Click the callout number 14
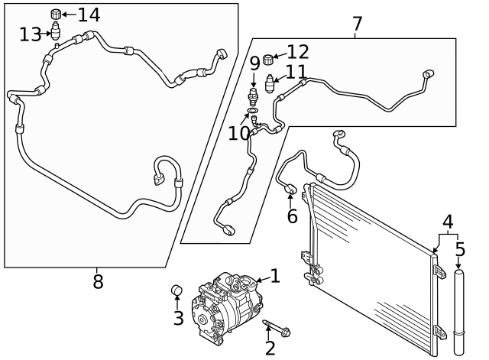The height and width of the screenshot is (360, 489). (89, 14)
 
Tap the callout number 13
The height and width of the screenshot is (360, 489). (31, 34)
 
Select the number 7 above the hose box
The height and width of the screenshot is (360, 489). (357, 24)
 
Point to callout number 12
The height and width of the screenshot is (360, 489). (298, 52)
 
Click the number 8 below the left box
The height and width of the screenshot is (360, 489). (98, 282)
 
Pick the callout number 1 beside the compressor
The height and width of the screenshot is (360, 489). (275, 277)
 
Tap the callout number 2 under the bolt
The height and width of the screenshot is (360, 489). (270, 349)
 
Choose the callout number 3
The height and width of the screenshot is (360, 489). (178, 318)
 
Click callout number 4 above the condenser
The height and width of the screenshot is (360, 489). (449, 222)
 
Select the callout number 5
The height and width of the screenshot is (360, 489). (460, 249)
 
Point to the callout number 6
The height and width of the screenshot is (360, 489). (292, 216)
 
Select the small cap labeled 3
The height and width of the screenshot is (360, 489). (176, 290)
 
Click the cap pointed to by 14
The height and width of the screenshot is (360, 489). (56, 14)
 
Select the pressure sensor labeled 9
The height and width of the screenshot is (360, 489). (253, 97)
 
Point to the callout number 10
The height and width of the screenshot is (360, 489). (238, 132)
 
